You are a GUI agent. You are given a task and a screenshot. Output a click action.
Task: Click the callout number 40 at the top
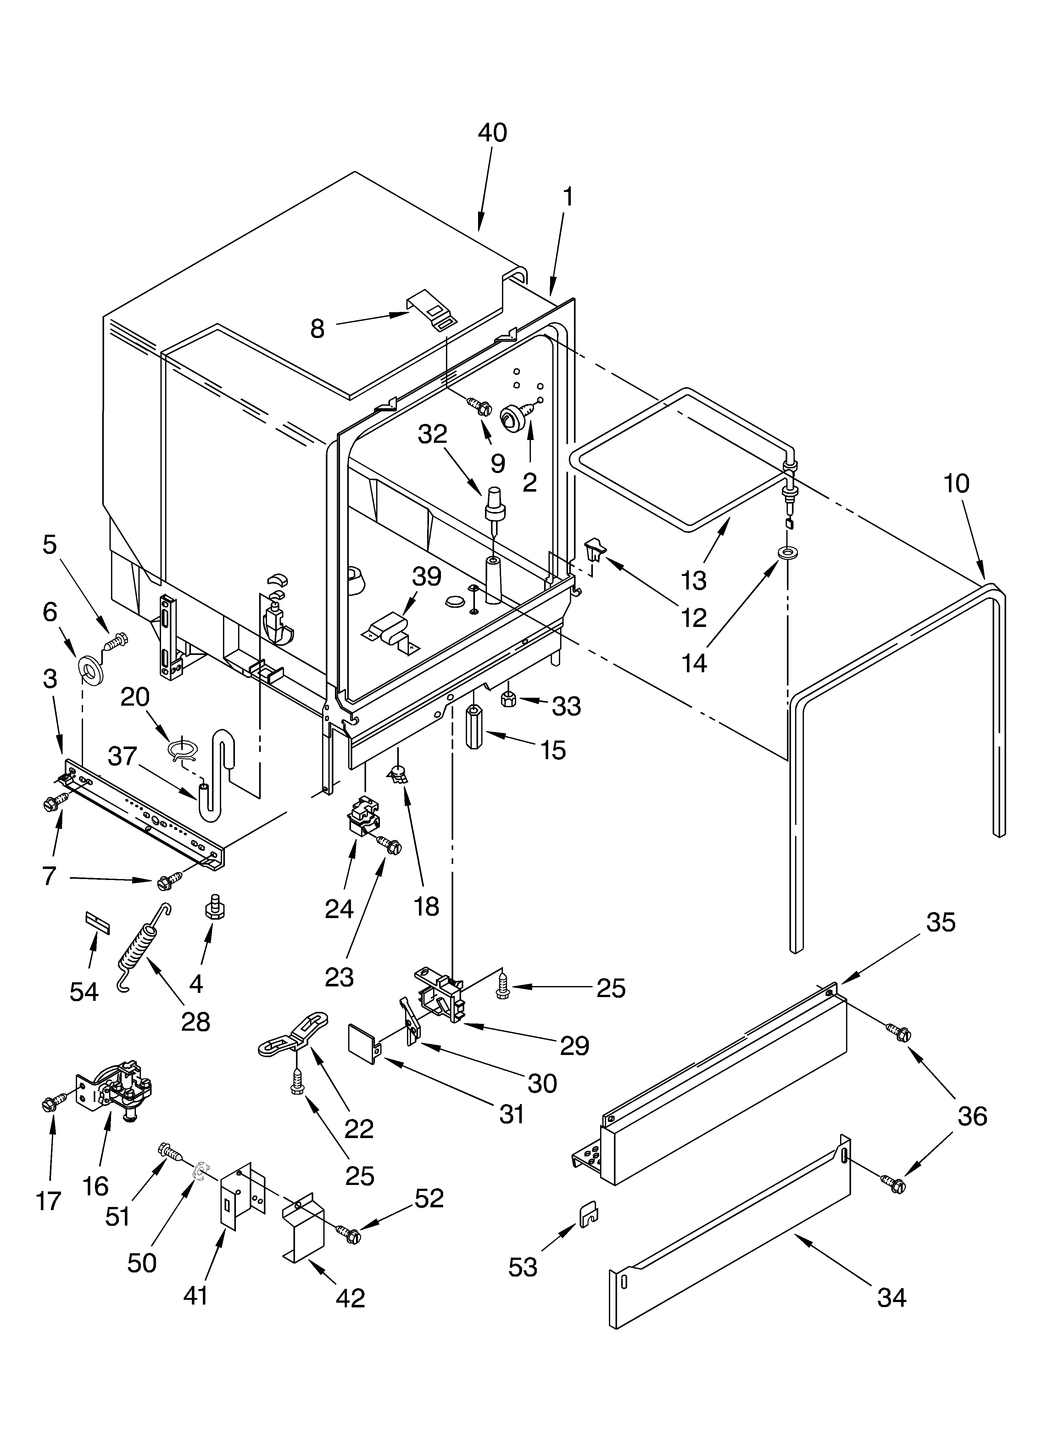coord(492,133)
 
